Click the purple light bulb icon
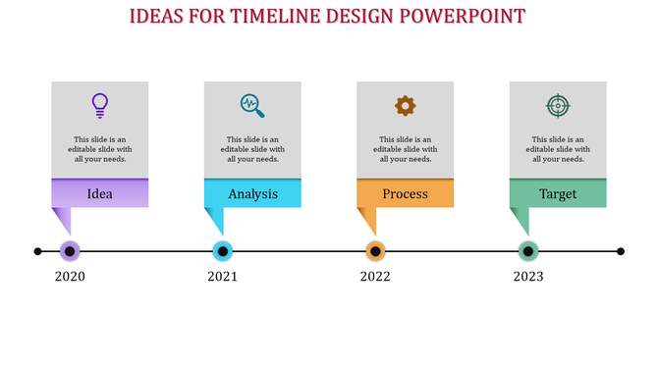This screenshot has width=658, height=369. pyautogui.click(x=99, y=104)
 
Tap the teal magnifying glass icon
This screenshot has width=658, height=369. pyautogui.click(x=252, y=105)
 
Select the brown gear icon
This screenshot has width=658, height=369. pyautogui.click(x=405, y=105)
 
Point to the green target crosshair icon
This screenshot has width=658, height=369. pyautogui.click(x=558, y=105)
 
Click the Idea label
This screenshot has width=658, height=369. pyautogui.click(x=99, y=193)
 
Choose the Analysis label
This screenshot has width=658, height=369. pyautogui.click(x=252, y=193)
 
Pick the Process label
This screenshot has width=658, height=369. pyautogui.click(x=405, y=193)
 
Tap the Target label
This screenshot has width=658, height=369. pyautogui.click(x=558, y=193)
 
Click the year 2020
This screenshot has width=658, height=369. pyautogui.click(x=70, y=277)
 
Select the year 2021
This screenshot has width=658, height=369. pyautogui.click(x=223, y=277)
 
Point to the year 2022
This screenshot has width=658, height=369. pyautogui.click(x=375, y=277)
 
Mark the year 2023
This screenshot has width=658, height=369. pyautogui.click(x=528, y=277)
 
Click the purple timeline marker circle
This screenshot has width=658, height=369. pyautogui.click(x=70, y=251)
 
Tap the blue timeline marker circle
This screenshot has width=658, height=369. pyautogui.click(x=223, y=251)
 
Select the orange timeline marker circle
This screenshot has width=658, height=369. pyautogui.click(x=375, y=251)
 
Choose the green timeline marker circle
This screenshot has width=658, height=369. pyautogui.click(x=528, y=251)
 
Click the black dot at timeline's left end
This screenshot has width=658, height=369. pyautogui.click(x=38, y=251)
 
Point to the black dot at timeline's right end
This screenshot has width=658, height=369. pyautogui.click(x=621, y=251)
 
